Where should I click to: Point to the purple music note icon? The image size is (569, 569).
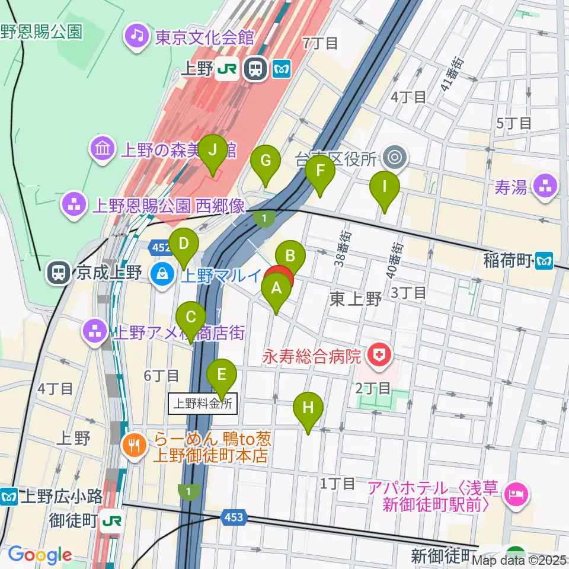point(138,37)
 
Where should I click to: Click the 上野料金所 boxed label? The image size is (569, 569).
point(203,404)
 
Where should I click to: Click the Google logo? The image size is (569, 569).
point(40,555)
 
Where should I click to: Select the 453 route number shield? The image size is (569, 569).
point(234,518)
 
